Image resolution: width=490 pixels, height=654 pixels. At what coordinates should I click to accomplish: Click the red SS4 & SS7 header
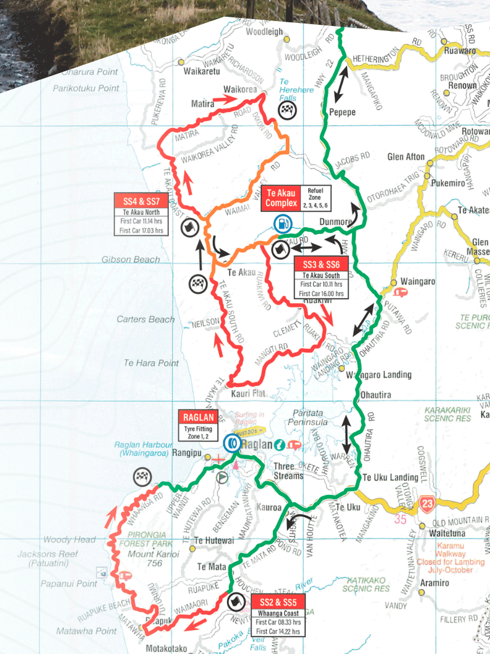point(141,201)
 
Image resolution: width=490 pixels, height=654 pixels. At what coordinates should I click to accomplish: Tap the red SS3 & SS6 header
point(321,265)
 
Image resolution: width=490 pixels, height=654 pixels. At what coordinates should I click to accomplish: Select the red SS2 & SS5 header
point(278,602)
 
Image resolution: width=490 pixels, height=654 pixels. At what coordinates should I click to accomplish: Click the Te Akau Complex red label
point(281,196)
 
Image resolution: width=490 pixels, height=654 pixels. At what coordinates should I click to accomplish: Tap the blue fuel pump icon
point(282,223)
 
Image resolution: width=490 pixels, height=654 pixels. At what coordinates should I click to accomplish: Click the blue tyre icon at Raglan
point(233,442)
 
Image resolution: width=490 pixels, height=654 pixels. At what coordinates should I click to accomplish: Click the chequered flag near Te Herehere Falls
point(286,111)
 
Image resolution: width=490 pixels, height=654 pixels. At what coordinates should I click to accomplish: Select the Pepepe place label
point(342,113)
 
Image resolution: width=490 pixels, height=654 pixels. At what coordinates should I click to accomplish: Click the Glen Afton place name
point(406,157)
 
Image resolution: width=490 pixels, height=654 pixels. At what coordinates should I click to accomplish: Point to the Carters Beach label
point(146,320)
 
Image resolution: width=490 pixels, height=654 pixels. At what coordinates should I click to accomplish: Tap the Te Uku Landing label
point(390,477)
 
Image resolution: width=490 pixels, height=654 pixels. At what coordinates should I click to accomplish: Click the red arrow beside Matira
point(225,98)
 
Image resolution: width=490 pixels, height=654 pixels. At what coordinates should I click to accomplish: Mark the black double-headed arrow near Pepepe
point(339,85)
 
